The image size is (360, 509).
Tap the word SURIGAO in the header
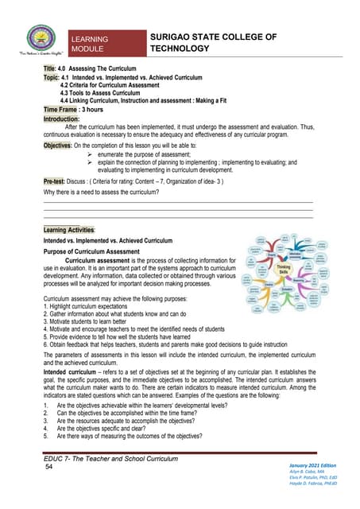[x=176, y=36]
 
